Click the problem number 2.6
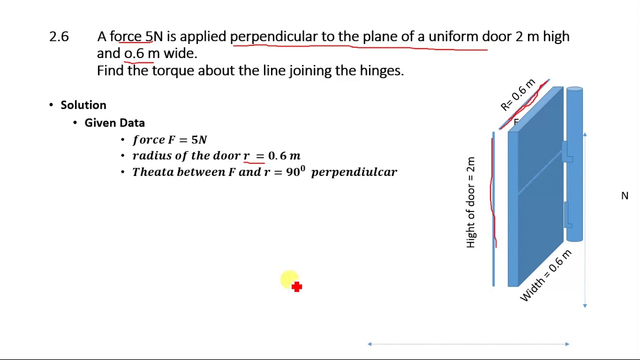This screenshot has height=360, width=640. point(59,36)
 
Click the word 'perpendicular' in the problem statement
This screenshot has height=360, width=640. point(273,36)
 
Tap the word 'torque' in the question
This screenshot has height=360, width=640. point(172,70)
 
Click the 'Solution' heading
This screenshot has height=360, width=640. point(83,105)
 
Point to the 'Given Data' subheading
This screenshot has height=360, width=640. point(114,123)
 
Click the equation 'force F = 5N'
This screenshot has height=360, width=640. point(169,140)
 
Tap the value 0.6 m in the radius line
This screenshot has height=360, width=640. point(284,156)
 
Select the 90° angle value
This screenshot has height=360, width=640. point(295,172)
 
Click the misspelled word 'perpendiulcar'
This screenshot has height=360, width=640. point(354,172)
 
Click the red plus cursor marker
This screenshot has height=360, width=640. point(296,286)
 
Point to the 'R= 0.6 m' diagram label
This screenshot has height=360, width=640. point(518,95)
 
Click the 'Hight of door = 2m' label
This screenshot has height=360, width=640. point(470,202)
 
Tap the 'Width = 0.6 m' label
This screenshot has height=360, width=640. point(545,275)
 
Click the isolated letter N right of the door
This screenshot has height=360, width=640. point(624,196)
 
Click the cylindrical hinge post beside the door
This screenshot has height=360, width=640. point(574,165)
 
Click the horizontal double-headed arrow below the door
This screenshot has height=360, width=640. point(468,344)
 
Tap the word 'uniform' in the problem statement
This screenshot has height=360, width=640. point(453,36)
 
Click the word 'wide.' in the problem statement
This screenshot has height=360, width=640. point(180,53)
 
